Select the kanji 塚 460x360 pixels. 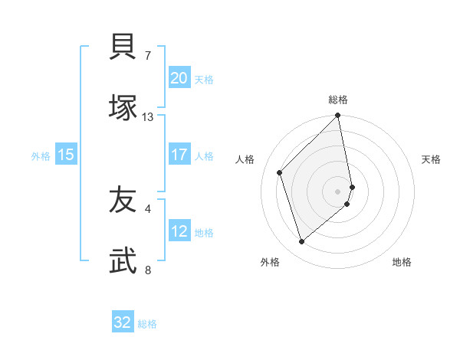click(123, 108)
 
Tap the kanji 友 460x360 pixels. click(123, 201)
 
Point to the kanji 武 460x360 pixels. click(123, 261)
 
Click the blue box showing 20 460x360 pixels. click(179, 78)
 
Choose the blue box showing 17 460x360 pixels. click(179, 155)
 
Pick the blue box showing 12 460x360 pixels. click(179, 232)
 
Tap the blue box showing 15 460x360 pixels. click(66, 155)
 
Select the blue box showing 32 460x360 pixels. click(123, 322)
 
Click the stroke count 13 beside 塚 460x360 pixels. click(148, 117)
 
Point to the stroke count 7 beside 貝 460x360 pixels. click(148, 56)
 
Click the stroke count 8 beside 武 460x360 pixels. click(148, 270)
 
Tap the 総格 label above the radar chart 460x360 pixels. click(338, 100)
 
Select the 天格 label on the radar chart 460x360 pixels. click(431, 159)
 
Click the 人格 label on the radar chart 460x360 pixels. click(245, 159)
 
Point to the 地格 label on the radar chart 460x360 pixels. click(402, 262)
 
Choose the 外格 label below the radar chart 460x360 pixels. click(270, 262)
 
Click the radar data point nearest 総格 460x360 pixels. click(338, 116)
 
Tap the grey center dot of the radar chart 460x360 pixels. click(338, 191)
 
